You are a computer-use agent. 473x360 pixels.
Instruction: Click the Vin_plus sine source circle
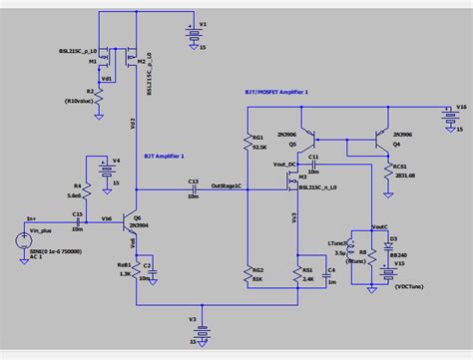(22, 240)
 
